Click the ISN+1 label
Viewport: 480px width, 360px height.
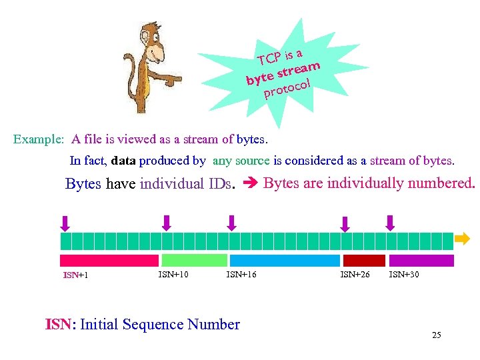76,275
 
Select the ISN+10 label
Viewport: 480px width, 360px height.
173,273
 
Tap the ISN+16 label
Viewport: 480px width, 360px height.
241,273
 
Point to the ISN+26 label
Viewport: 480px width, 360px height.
355,273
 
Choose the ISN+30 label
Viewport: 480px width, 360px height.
404,273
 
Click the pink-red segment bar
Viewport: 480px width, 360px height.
109,261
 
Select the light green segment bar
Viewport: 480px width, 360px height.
194,261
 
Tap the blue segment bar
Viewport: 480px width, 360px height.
283,261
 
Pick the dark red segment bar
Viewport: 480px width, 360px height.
364,261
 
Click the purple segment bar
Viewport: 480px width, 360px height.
421,261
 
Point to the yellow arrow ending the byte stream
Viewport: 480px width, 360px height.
463,238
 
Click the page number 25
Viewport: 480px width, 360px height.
437,335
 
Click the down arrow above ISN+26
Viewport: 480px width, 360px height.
345,223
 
